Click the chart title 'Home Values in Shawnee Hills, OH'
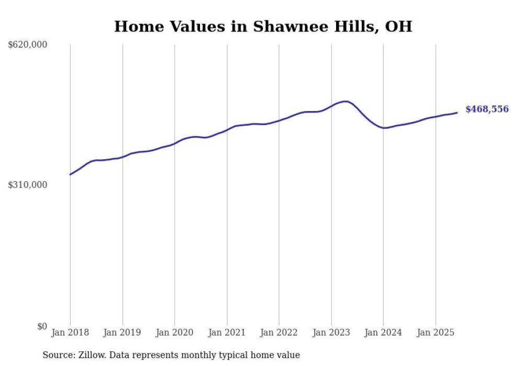point(263,26)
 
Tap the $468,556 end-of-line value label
point(486,109)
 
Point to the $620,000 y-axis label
point(28,45)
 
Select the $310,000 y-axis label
point(28,185)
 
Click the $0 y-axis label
point(42,326)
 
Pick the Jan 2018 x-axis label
point(70,332)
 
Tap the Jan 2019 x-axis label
point(122,332)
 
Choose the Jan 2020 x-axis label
point(175,332)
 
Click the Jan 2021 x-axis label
point(227,332)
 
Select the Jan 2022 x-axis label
point(279,332)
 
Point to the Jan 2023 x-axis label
point(331,332)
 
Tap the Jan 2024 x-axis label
point(383,332)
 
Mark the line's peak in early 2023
point(344,101)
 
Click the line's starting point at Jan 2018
point(70,174)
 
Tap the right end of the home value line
point(457,113)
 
